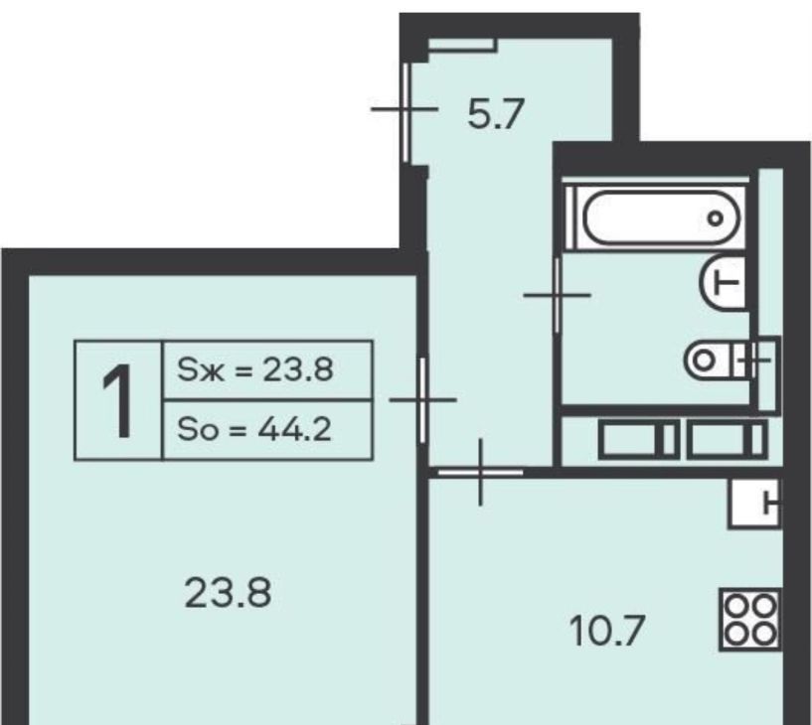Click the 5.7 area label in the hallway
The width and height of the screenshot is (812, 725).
pyautogui.click(x=496, y=114)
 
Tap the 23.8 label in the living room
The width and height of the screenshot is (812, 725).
pyautogui.click(x=228, y=593)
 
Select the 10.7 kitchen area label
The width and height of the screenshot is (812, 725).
pyautogui.click(x=607, y=631)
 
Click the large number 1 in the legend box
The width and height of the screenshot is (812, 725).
pyautogui.click(x=117, y=400)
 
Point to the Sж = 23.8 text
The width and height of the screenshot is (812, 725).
pyautogui.click(x=255, y=370)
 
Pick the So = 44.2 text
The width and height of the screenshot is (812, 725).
pyautogui.click(x=254, y=429)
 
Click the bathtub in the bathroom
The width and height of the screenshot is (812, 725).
pyautogui.click(x=661, y=217)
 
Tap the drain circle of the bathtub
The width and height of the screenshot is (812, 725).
pyautogui.click(x=716, y=218)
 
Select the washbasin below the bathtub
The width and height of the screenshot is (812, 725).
pyautogui.click(x=725, y=282)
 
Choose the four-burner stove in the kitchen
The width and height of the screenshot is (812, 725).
pyautogui.click(x=750, y=620)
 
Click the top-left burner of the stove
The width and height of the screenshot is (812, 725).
pyautogui.click(x=735, y=606)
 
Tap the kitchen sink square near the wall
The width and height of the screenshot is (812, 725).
pyautogui.click(x=754, y=504)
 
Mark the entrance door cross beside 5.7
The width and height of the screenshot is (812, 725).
pyautogui.click(x=405, y=109)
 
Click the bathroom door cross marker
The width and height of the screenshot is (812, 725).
pyautogui.click(x=558, y=295)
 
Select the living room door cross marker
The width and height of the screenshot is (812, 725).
pyautogui.click(x=422, y=399)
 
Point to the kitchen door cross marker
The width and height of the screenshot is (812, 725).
pyautogui.click(x=481, y=472)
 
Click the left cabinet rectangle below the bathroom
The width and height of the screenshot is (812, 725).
pyautogui.click(x=639, y=439)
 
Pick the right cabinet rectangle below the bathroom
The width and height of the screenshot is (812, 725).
pyautogui.click(x=728, y=439)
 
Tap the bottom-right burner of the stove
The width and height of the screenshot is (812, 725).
pyautogui.click(x=765, y=634)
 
